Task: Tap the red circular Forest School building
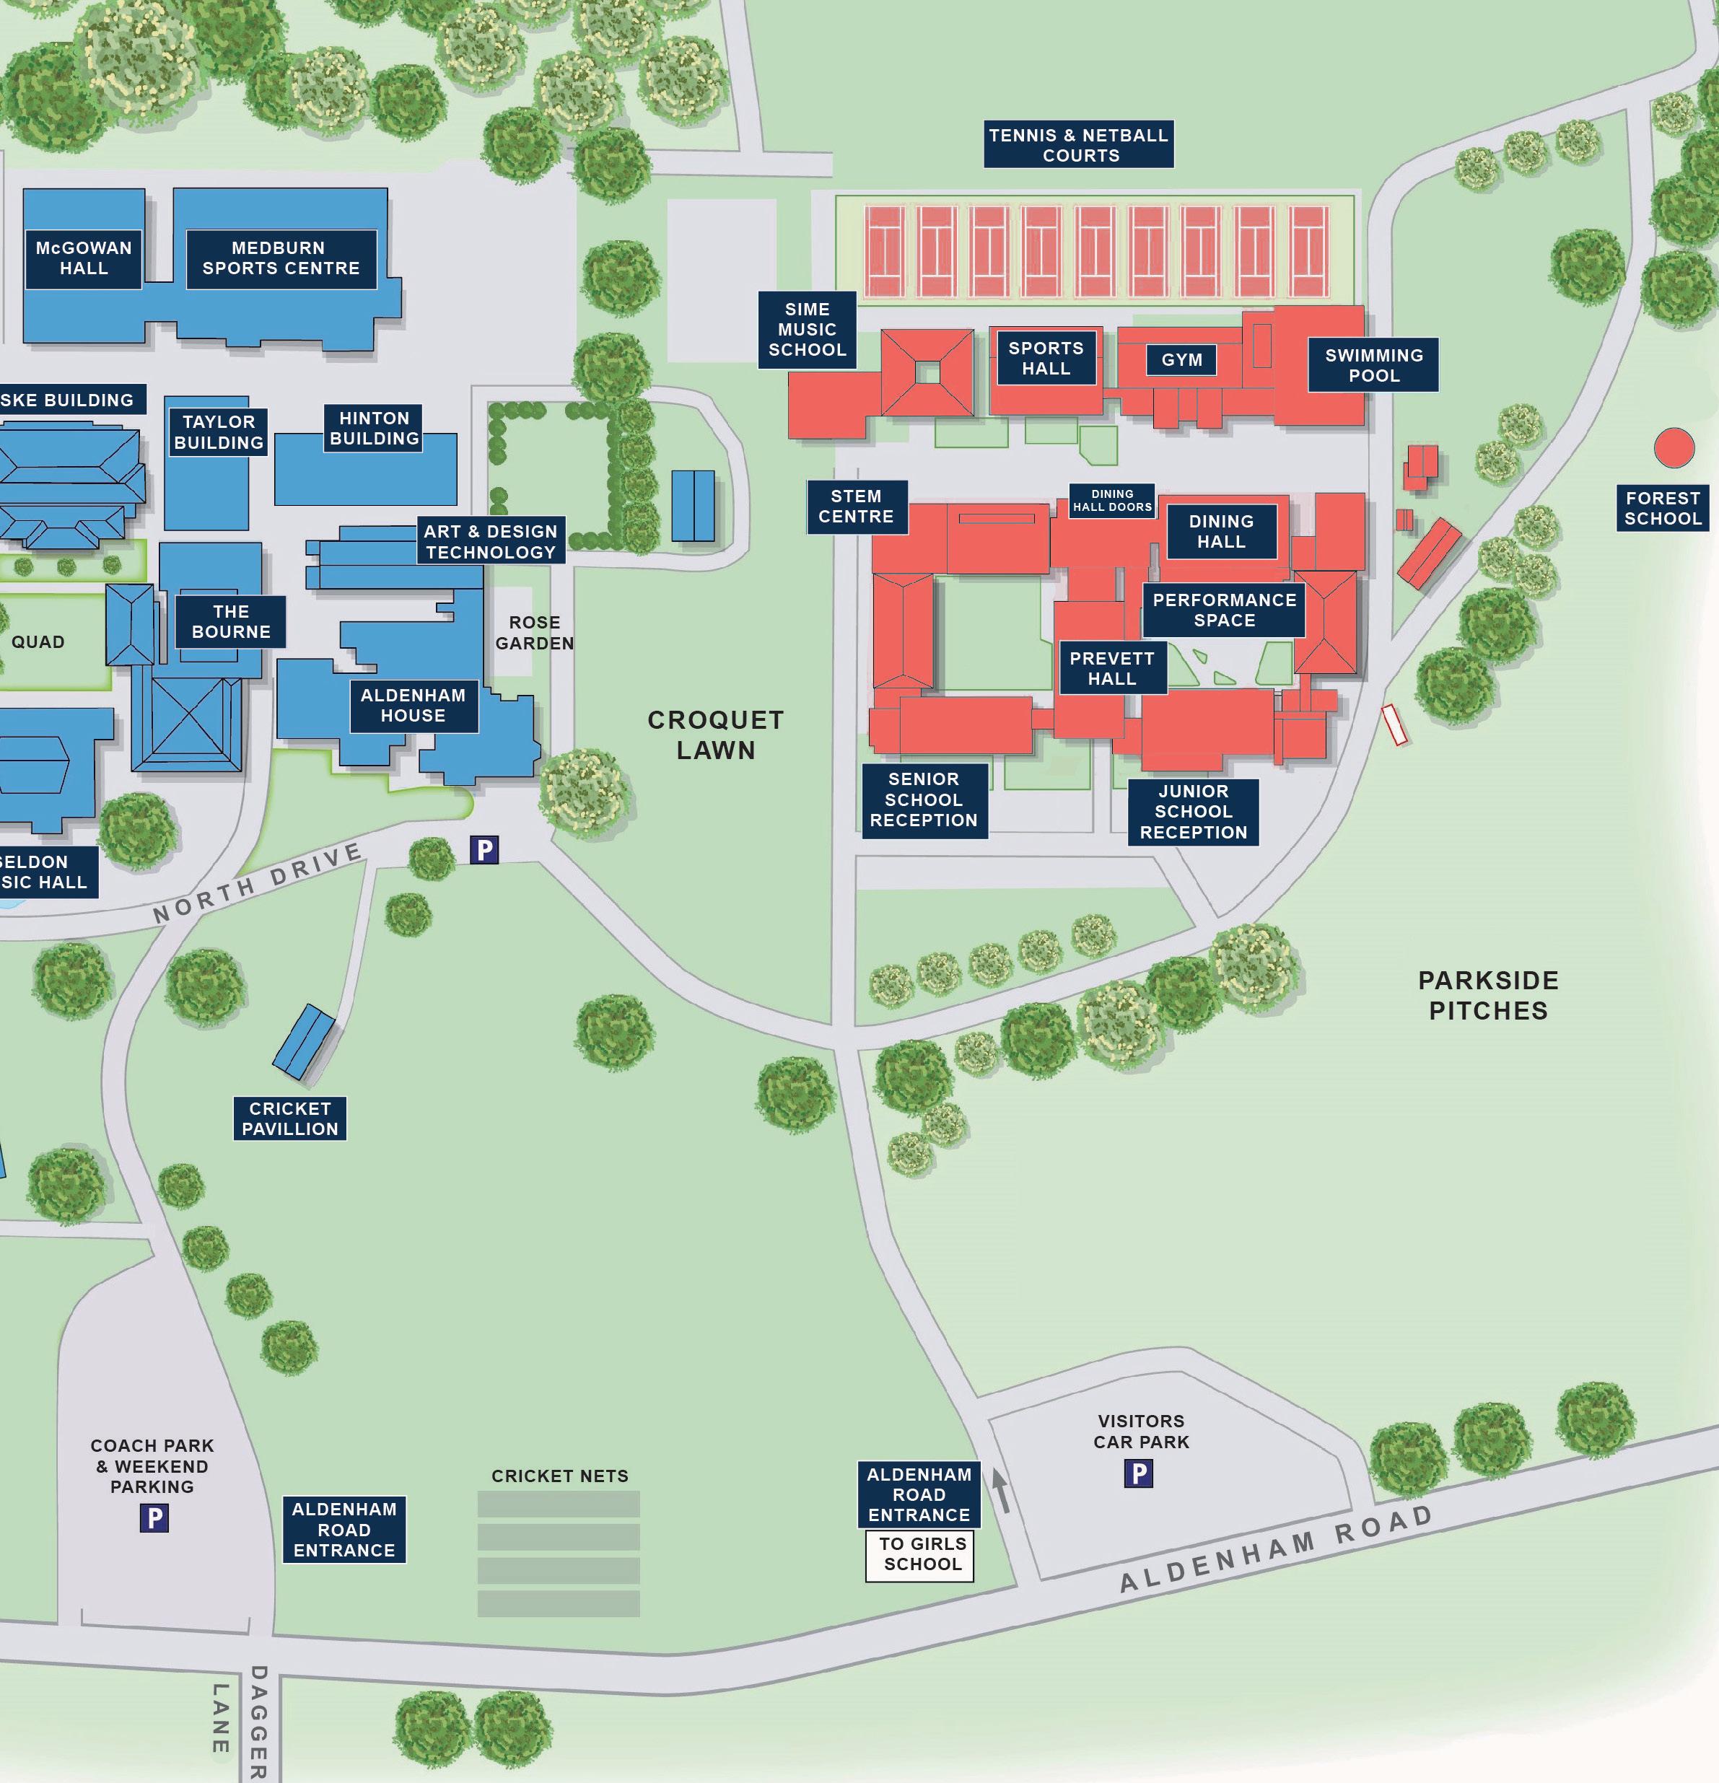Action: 1674,447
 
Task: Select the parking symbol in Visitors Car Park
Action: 1138,1473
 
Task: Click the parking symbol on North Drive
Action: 484,850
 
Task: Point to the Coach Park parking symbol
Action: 154,1518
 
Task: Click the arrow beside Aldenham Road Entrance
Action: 1001,1493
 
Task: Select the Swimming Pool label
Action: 1373,366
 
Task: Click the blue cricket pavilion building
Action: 305,1041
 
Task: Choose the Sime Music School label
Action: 807,329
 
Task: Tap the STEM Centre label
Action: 857,507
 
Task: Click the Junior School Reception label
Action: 1193,812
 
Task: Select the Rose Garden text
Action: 534,632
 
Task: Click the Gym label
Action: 1181,360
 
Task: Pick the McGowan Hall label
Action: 84,258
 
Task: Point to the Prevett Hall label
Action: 1111,669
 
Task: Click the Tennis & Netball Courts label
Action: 1078,144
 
